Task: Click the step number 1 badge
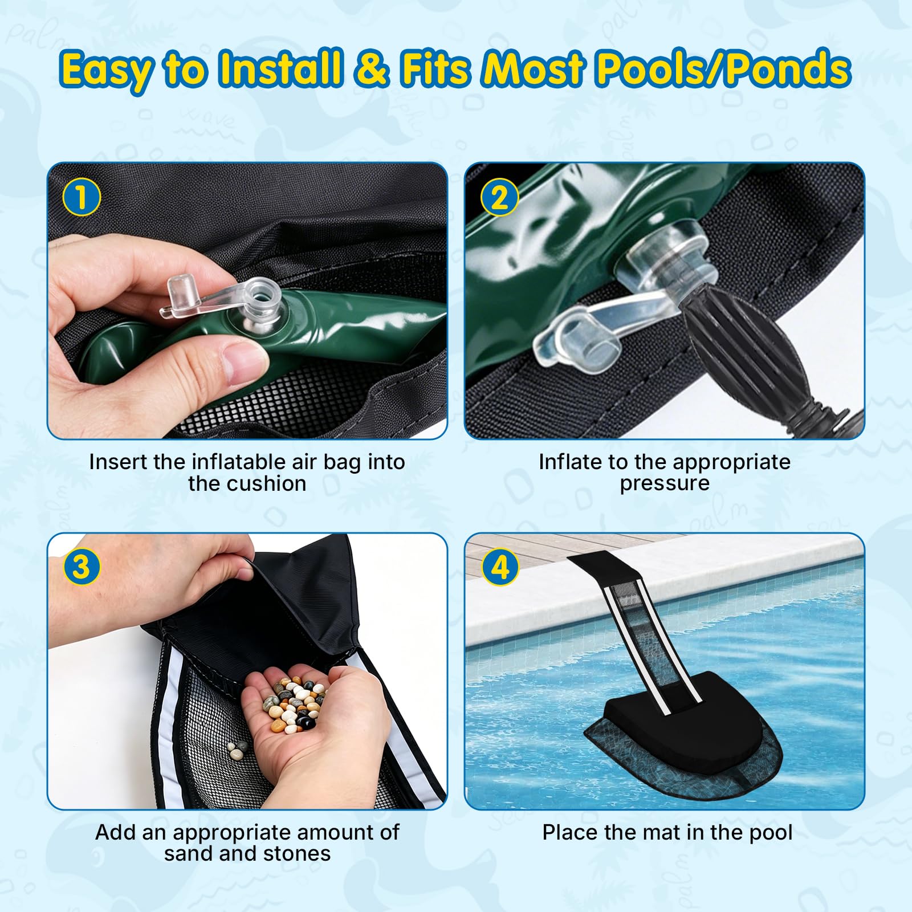tap(81, 197)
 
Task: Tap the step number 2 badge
tap(499, 197)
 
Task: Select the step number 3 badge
tap(81, 567)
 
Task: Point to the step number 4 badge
tap(500, 567)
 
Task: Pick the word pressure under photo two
tap(665, 483)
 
